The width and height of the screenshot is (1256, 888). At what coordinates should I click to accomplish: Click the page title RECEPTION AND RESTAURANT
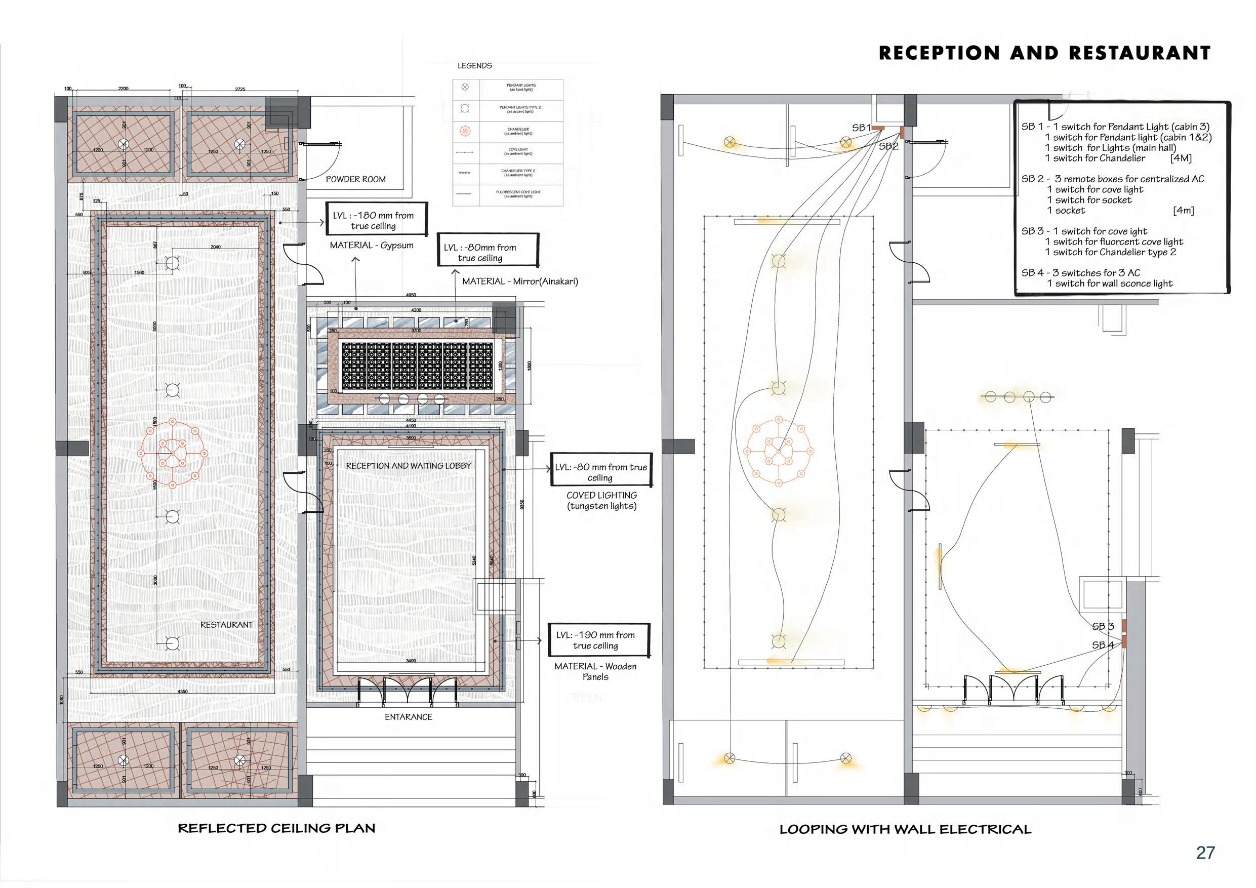click(x=1044, y=53)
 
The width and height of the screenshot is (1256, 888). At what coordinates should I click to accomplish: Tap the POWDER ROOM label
click(x=355, y=179)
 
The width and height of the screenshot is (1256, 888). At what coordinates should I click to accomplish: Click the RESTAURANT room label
click(x=226, y=625)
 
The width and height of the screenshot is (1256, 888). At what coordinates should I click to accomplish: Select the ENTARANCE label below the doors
click(x=408, y=717)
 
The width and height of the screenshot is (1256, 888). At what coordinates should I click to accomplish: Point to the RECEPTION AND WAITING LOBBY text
click(x=409, y=466)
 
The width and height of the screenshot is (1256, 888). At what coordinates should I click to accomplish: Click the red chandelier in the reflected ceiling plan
click(x=172, y=454)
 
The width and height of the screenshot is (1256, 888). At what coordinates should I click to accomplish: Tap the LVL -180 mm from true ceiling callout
click(x=376, y=221)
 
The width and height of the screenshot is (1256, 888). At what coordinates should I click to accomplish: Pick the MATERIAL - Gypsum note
click(x=372, y=246)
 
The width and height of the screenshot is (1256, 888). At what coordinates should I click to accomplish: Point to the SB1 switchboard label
click(x=861, y=128)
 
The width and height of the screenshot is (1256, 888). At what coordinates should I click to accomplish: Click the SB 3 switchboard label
click(x=1103, y=626)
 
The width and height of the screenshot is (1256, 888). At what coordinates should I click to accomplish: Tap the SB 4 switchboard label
click(x=1103, y=645)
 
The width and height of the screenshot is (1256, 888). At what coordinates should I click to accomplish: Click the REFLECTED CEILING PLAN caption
click(x=276, y=828)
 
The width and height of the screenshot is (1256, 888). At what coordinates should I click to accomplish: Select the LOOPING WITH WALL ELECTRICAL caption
click(x=905, y=829)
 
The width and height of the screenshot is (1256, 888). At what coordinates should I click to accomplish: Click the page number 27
click(x=1206, y=853)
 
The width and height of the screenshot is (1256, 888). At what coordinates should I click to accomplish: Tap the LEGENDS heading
click(x=474, y=66)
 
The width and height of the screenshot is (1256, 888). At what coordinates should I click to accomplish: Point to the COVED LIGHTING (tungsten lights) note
click(x=601, y=501)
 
